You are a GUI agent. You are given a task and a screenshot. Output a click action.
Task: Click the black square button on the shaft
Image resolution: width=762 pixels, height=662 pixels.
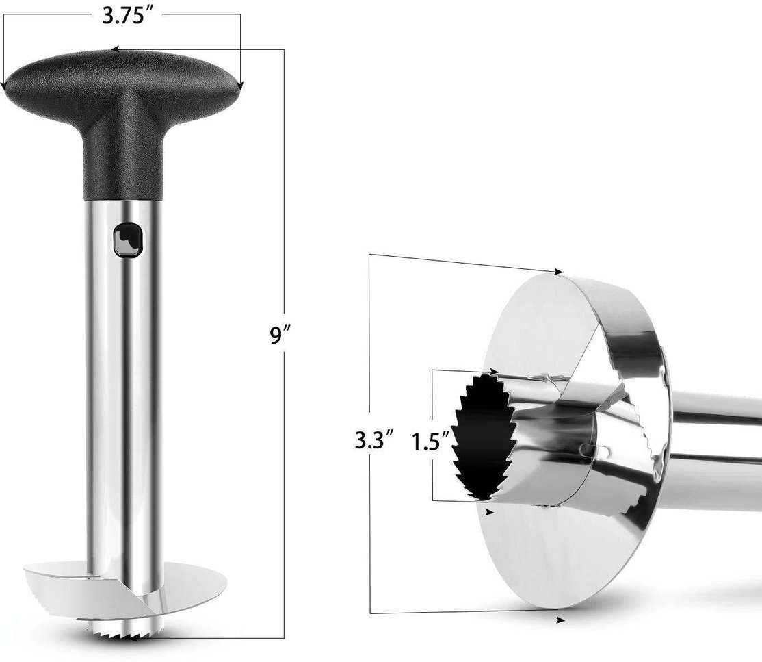point(127,240)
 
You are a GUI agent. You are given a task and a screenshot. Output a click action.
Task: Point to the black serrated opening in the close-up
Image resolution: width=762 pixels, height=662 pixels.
point(487,438)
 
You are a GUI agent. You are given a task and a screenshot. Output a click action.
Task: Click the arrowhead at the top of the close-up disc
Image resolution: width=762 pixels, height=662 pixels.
point(559,272)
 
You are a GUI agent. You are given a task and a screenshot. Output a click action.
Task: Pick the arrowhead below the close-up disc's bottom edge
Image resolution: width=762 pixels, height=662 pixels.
point(560,620)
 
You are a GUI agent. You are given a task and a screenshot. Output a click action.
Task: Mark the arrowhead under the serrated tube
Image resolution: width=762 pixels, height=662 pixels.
point(488,511)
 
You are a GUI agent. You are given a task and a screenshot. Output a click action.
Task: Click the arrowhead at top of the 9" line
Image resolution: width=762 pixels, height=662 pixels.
point(114,50)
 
